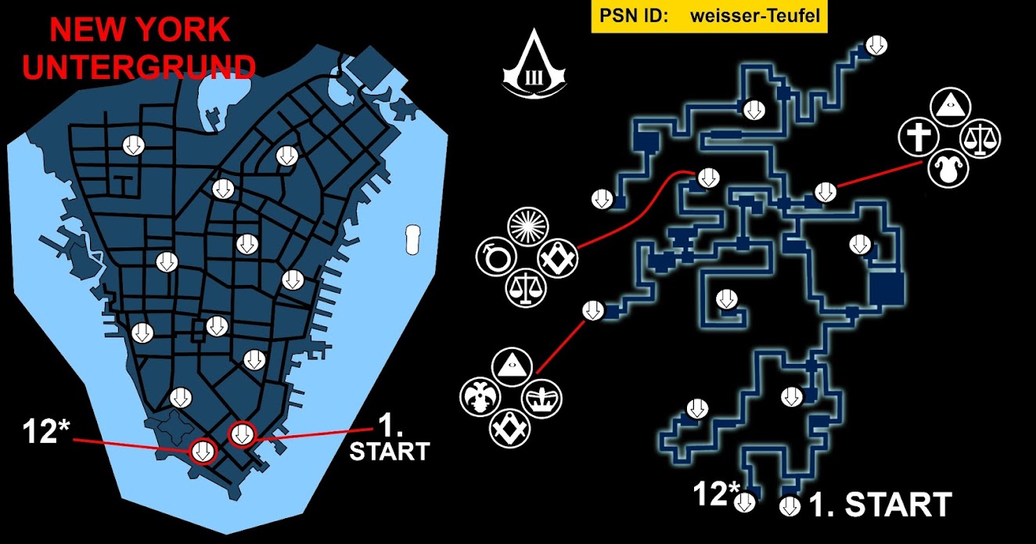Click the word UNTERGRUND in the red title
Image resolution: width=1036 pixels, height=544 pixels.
[x=138, y=67]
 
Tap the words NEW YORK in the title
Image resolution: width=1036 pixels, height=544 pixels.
[x=140, y=30]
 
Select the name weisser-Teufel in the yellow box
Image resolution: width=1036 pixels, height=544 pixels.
[x=755, y=16]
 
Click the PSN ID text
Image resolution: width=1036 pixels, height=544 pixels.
[x=634, y=16]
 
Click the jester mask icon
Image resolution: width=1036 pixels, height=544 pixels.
[x=948, y=168]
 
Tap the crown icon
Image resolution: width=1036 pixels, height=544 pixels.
[x=541, y=398]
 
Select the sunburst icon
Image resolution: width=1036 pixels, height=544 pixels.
[x=528, y=227]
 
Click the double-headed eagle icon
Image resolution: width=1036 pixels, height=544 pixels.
[x=480, y=397]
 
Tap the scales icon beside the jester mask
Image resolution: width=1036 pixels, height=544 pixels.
[x=980, y=139]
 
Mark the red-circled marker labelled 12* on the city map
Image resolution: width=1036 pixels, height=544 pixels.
[x=203, y=451]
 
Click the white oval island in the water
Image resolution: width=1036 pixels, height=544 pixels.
[x=413, y=240]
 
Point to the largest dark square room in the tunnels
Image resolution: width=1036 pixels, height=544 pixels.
[x=886, y=288]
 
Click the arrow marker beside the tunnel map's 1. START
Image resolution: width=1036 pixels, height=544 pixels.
[x=790, y=506]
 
